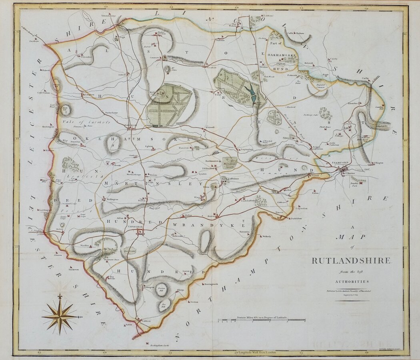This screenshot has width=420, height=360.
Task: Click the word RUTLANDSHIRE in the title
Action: pos(351,260)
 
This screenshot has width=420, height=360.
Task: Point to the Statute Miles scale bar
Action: pos(262,320)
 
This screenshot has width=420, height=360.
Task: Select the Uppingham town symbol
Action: pos(140,232)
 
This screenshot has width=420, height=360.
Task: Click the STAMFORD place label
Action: pos(340,162)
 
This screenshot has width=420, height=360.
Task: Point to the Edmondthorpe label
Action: pos(108,16)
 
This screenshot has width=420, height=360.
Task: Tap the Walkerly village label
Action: pos(267,236)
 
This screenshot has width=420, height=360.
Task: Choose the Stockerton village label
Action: pos(74,269)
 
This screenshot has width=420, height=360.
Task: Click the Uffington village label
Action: pos(377,163)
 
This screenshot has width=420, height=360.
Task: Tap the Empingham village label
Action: pos(247,149)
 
